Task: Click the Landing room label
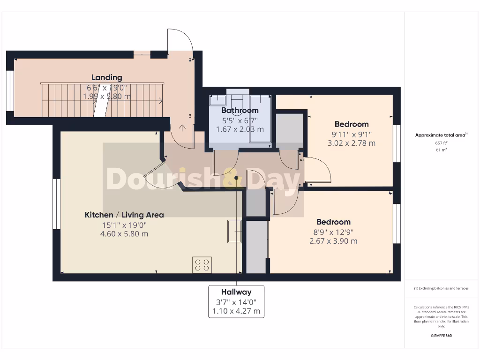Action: pos(106,77)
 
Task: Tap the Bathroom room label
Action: pos(240,110)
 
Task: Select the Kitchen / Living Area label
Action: pos(124,215)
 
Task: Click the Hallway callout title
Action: pos(236,292)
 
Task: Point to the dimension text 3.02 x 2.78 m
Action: pos(351,143)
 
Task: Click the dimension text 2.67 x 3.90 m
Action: pos(333,241)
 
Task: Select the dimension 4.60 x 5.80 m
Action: pos(125,233)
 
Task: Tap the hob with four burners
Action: pos(202,265)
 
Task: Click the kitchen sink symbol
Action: pos(234,231)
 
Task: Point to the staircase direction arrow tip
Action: pos(162,100)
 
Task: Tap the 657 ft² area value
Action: pos(442,142)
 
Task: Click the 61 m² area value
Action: pos(442,150)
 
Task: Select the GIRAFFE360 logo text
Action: pos(442,336)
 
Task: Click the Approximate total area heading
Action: pos(441,135)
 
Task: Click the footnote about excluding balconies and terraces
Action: pos(441,288)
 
